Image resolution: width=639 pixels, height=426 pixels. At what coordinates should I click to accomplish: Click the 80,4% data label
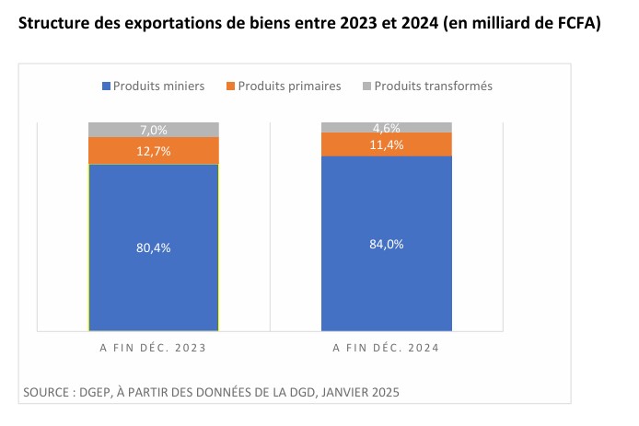tap(154, 248)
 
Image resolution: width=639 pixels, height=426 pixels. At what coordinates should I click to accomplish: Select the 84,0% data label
tap(387, 244)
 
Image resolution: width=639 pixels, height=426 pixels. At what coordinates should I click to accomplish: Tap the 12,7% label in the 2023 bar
tap(154, 151)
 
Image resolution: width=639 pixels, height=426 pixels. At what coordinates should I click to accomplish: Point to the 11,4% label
tap(387, 144)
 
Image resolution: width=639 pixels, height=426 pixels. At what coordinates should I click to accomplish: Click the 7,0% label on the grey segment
tap(154, 130)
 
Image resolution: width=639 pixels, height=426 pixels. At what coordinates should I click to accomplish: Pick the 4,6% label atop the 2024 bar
tap(387, 127)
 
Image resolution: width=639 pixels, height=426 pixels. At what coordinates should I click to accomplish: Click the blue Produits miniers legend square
tap(106, 86)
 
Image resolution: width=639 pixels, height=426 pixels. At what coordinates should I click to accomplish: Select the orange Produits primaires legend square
tap(229, 86)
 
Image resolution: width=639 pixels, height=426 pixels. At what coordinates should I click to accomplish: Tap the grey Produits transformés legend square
tap(366, 86)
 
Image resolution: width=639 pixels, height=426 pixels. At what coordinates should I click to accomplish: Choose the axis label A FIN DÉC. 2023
tap(153, 349)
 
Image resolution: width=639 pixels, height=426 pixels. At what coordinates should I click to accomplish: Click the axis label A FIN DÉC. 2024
tap(387, 349)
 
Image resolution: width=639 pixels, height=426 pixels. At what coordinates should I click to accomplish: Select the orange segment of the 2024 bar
tap(350, 144)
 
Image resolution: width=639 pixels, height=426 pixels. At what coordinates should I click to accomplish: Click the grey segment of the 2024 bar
tap(350, 127)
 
